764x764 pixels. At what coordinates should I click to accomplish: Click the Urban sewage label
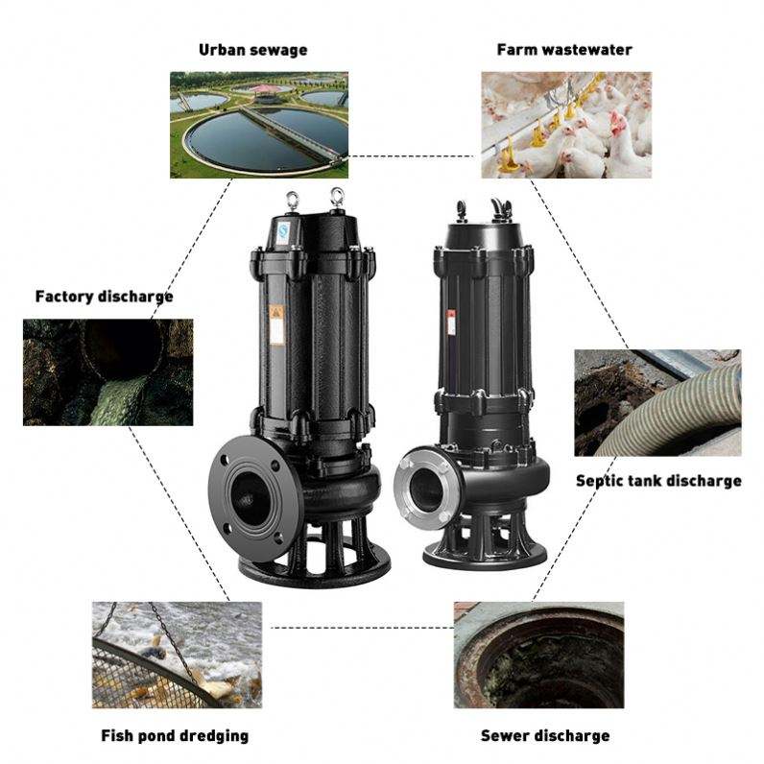(252, 49)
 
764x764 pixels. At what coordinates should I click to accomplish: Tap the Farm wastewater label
(564, 49)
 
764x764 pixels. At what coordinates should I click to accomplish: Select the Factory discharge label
(104, 296)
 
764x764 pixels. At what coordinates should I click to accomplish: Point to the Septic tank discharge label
(657, 480)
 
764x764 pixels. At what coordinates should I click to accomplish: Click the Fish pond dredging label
(175, 736)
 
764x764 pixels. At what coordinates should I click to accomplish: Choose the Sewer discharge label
(544, 736)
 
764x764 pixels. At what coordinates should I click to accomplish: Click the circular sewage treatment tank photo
(259, 125)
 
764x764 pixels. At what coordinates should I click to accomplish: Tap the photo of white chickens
(565, 125)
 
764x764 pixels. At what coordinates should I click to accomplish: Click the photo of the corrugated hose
(657, 402)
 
